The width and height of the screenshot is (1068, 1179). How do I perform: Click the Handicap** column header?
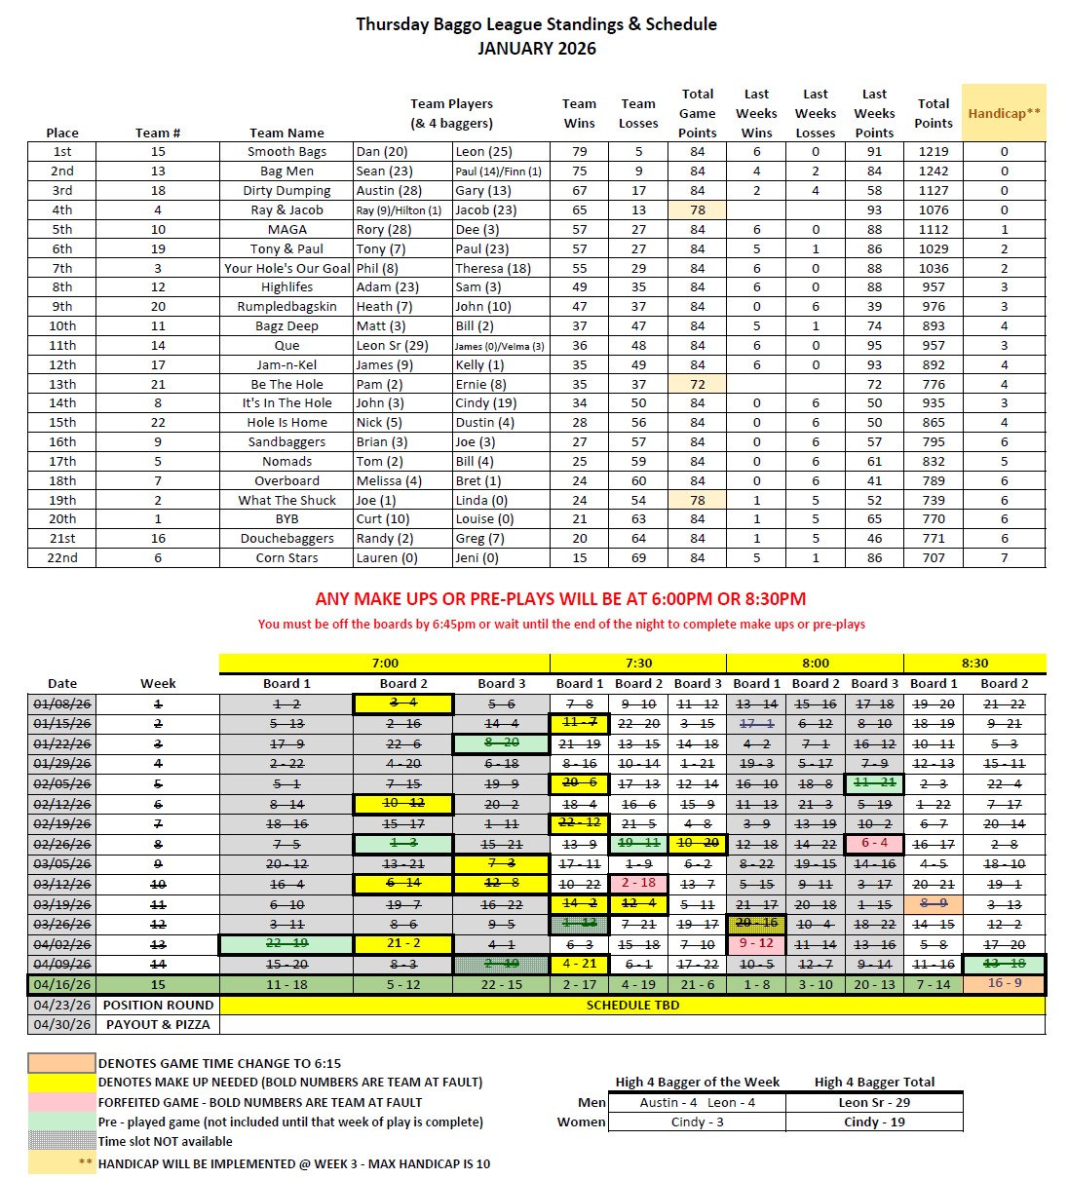click(x=1004, y=113)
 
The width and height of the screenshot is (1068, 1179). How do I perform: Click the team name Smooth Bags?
click(x=286, y=152)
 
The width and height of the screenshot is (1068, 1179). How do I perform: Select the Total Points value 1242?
click(x=933, y=171)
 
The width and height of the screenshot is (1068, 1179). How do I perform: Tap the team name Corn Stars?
click(x=286, y=558)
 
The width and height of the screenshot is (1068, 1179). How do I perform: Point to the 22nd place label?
click(x=62, y=558)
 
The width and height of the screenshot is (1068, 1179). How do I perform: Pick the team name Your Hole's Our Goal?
click(x=286, y=268)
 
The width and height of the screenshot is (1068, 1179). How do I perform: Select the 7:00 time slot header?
click(x=385, y=664)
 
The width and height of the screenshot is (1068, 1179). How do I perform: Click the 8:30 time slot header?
click(x=974, y=664)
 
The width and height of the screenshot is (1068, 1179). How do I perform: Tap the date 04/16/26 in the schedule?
click(x=62, y=985)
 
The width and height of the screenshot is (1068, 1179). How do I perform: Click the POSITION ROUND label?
click(x=158, y=1005)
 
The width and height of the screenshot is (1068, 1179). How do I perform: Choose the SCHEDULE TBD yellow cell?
click(x=632, y=1005)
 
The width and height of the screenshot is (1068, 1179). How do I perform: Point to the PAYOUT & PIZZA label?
click(x=158, y=1025)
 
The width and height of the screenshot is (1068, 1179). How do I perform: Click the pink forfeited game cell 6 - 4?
click(x=874, y=844)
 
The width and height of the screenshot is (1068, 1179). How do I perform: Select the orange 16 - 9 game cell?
click(x=1004, y=983)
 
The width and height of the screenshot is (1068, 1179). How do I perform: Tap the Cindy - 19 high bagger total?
click(x=874, y=1122)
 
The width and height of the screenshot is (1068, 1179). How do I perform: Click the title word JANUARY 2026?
click(x=536, y=49)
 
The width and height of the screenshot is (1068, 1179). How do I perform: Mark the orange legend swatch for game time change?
click(x=61, y=1063)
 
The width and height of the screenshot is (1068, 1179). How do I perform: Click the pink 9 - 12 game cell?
click(x=756, y=944)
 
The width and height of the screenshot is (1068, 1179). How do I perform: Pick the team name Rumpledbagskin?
click(x=286, y=307)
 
